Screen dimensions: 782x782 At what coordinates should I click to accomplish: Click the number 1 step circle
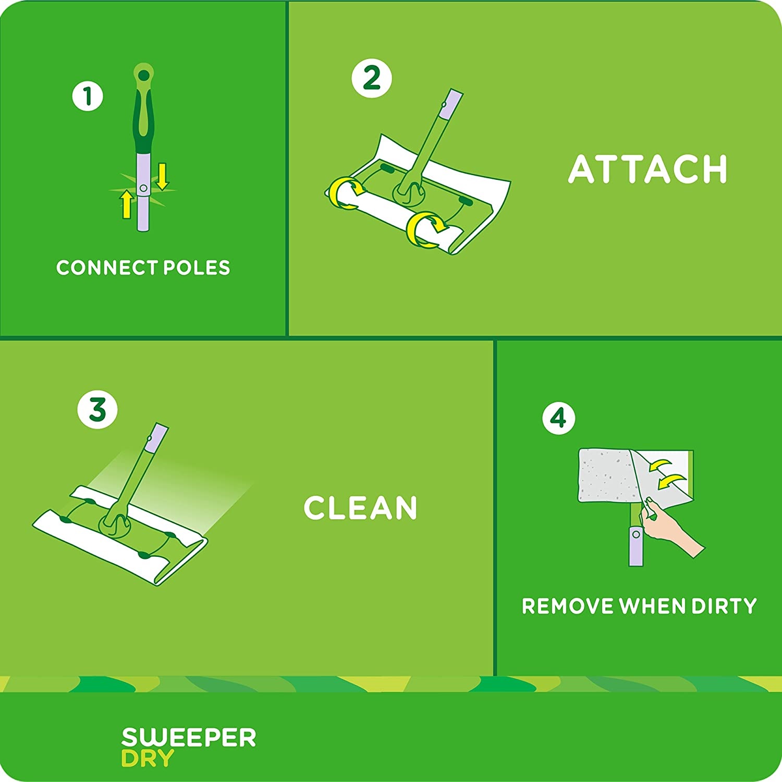[x=88, y=96]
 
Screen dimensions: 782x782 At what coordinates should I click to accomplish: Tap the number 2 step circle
[x=372, y=78]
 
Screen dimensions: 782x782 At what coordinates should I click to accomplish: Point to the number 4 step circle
[x=558, y=418]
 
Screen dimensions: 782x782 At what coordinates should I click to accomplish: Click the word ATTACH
[x=647, y=169]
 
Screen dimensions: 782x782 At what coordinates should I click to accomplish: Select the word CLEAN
[x=360, y=508]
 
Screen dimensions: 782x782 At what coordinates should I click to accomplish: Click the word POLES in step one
[x=197, y=267]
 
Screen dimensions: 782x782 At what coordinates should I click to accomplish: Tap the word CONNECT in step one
[x=107, y=267]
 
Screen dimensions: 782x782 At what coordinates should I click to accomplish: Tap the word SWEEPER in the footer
[x=189, y=738]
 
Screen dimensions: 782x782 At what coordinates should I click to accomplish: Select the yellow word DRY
[x=147, y=759]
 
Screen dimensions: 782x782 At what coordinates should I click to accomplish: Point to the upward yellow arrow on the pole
[x=126, y=204]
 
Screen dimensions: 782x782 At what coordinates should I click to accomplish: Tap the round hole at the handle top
[x=143, y=75]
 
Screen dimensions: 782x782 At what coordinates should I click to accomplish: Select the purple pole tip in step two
[x=451, y=102]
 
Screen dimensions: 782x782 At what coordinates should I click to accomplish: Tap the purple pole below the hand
[x=636, y=546]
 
